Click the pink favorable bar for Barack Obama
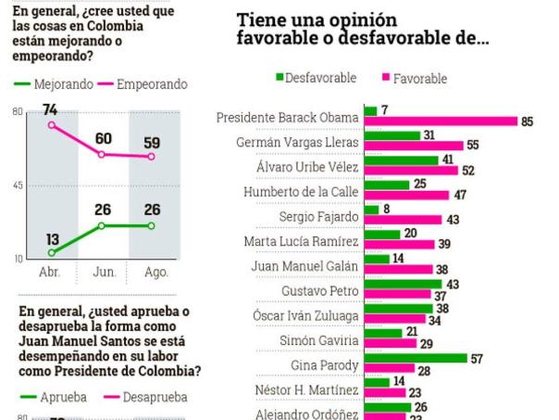point(441,121)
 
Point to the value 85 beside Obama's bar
point(527,121)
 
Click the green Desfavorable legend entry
point(316,78)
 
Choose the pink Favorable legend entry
point(414,79)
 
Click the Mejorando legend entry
point(54,83)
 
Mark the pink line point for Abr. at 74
point(52,124)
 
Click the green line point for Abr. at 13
point(52,252)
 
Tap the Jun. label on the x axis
point(104,273)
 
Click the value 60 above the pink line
point(103,139)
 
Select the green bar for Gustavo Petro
point(404,283)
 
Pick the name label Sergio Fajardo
point(318,217)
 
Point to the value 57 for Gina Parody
point(478,357)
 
